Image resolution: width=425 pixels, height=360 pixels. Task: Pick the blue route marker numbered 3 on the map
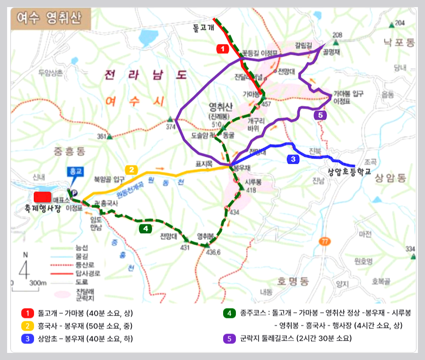point(293,159)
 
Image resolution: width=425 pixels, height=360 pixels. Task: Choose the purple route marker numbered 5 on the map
point(320,115)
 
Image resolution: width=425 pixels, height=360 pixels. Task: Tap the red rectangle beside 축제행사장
point(43,197)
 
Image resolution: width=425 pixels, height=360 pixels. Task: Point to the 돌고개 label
point(204,28)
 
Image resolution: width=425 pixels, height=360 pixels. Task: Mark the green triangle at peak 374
point(170,120)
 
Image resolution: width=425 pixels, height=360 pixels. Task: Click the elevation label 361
point(102,137)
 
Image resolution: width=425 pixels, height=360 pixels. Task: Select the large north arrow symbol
point(25,267)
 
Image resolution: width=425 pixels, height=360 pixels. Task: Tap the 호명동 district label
point(293,282)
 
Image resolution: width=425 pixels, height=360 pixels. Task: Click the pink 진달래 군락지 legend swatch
point(61,293)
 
